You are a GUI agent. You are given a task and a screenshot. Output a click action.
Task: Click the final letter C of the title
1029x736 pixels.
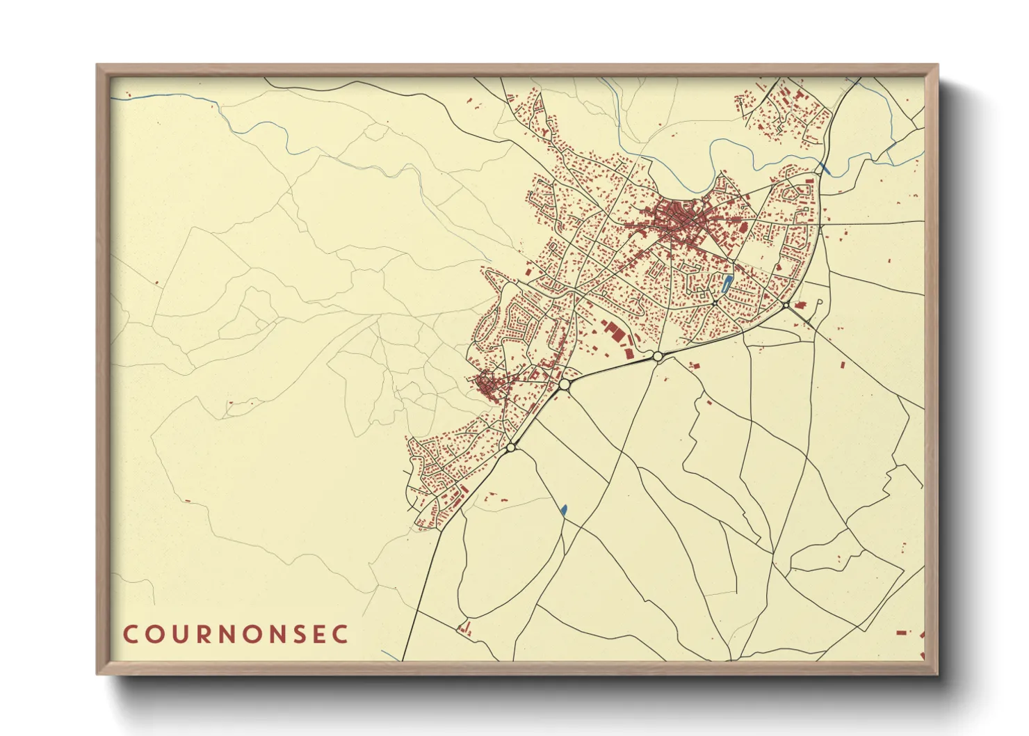[x=340, y=634]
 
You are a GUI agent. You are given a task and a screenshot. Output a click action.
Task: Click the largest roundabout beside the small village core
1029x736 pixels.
[x=564, y=384]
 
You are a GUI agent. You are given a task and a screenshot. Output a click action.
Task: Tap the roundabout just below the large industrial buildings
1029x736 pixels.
[x=657, y=356]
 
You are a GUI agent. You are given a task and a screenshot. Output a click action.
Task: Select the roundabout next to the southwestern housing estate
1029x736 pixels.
[x=511, y=447]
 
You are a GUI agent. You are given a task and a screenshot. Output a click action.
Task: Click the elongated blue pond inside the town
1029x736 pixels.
[x=726, y=282]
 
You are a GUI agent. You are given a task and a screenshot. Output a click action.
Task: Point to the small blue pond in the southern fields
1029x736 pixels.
[x=564, y=509]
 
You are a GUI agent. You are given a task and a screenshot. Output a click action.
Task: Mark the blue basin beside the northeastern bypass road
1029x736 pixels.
[x=825, y=168]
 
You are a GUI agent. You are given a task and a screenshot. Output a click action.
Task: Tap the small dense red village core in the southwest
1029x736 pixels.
[x=489, y=385]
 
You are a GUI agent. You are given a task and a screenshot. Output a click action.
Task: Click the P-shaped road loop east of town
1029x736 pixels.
[x=819, y=305]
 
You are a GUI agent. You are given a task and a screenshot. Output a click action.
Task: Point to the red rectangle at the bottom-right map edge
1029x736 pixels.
[x=902, y=632]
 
